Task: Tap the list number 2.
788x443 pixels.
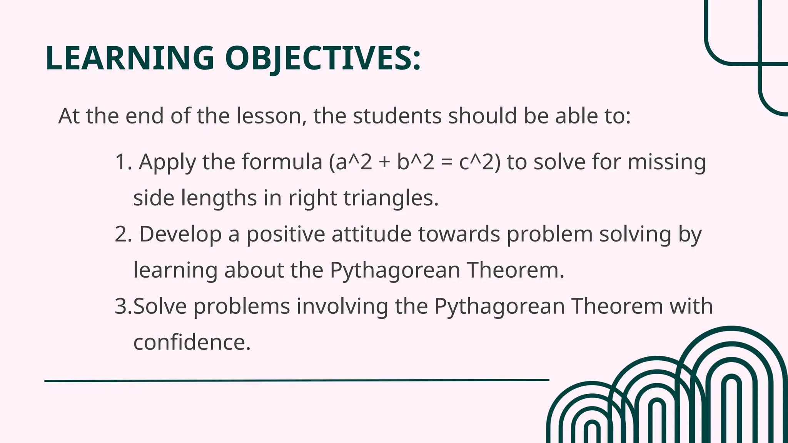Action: click(x=123, y=234)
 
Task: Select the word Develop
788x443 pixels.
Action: click(x=180, y=234)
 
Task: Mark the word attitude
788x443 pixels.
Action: click(x=372, y=234)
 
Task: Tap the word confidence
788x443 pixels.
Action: click(x=192, y=342)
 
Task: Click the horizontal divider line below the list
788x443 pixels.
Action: click(x=297, y=380)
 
